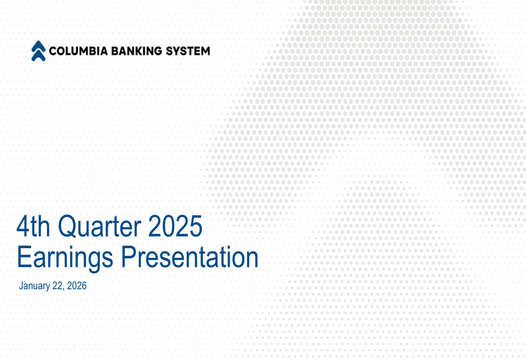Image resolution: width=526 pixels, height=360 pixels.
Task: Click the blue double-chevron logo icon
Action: pos(38,51)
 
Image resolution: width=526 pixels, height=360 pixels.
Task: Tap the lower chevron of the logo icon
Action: pos(38,55)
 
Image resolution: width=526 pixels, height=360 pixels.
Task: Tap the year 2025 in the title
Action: pos(175,227)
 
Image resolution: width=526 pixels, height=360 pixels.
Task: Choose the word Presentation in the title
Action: pos(190,258)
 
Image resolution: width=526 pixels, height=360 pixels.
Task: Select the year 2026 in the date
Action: pos(77,286)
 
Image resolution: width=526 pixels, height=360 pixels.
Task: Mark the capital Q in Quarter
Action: pos(67,227)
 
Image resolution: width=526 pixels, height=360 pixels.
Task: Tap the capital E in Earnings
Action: pos(24,258)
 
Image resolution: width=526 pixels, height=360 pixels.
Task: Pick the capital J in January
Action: pos(21,286)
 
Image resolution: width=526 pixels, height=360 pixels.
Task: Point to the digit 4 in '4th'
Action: pos(23,227)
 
